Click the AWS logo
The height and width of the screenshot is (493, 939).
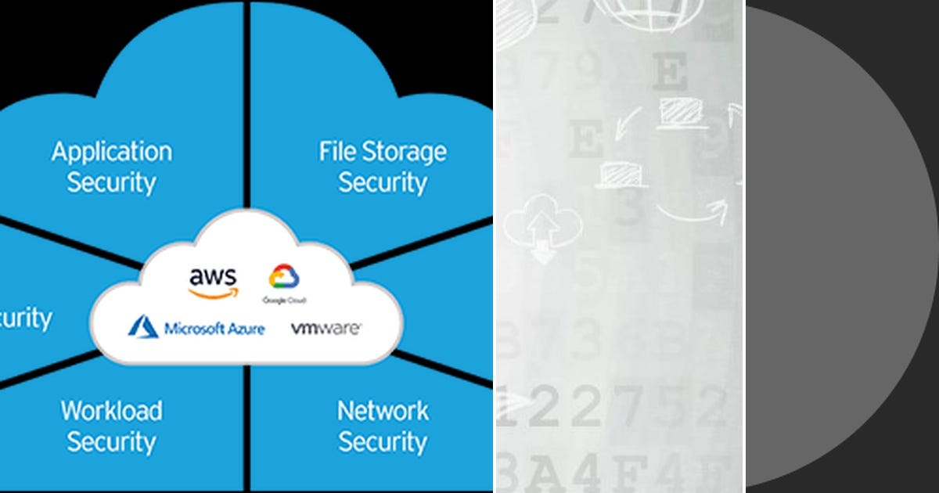coord(213,282)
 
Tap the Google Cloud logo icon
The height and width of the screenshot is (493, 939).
coord(284,277)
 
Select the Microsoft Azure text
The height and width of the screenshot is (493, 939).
coord(214,328)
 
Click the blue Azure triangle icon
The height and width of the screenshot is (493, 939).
coord(143,327)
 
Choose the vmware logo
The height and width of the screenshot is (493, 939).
coord(326,329)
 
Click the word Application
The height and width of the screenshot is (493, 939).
coord(112,152)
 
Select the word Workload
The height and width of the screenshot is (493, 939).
coord(112,410)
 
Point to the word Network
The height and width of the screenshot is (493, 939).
coord(383,410)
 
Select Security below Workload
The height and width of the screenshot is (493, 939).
coord(112,441)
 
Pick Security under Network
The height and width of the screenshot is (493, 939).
coord(383,441)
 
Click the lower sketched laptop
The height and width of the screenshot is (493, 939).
coord(623,174)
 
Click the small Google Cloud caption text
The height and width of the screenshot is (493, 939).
coord(284,300)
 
